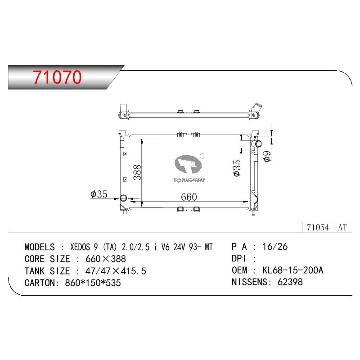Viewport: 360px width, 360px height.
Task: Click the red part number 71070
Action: [x=57, y=76]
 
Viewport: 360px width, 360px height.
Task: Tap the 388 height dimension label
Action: [x=137, y=172]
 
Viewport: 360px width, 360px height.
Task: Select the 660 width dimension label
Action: [x=189, y=197]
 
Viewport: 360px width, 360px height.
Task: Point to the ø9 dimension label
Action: [x=267, y=156]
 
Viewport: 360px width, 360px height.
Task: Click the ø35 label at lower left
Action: [x=99, y=194]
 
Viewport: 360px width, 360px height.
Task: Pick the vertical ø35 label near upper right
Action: [x=237, y=168]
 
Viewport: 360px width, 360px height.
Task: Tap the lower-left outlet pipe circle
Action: [x=123, y=198]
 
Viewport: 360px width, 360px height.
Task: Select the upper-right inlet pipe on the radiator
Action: [x=256, y=144]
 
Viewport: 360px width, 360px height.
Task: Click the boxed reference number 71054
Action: [x=318, y=227]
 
